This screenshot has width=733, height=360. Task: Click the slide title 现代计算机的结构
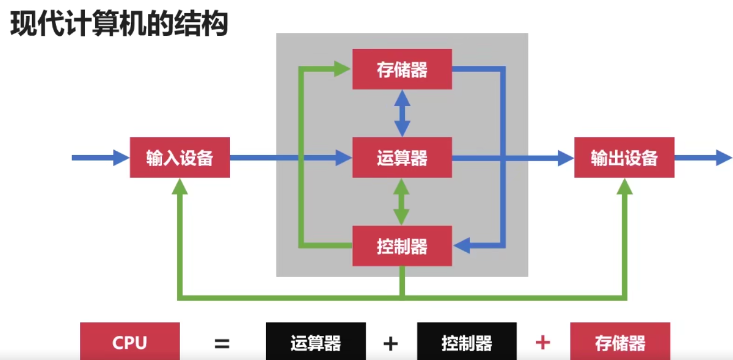119,25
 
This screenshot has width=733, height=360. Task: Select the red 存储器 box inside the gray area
402,69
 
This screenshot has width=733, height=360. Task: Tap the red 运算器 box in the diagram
402,157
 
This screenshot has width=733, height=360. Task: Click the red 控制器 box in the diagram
402,246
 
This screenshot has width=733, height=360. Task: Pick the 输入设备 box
180,157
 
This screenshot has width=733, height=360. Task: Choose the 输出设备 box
624,157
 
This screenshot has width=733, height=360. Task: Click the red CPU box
130,343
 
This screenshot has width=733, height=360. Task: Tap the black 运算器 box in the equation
316,343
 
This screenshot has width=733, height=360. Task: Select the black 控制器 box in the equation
466,343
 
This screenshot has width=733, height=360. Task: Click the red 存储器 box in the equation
620,343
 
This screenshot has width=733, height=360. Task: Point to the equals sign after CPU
222,344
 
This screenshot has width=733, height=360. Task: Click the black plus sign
390,344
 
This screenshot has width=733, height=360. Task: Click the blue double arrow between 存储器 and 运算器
402,113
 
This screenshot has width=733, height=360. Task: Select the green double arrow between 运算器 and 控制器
402,201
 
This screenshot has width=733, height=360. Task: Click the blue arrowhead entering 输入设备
121,157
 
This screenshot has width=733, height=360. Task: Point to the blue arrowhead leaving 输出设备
724,157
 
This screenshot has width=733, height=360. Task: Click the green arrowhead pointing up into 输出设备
624,186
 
